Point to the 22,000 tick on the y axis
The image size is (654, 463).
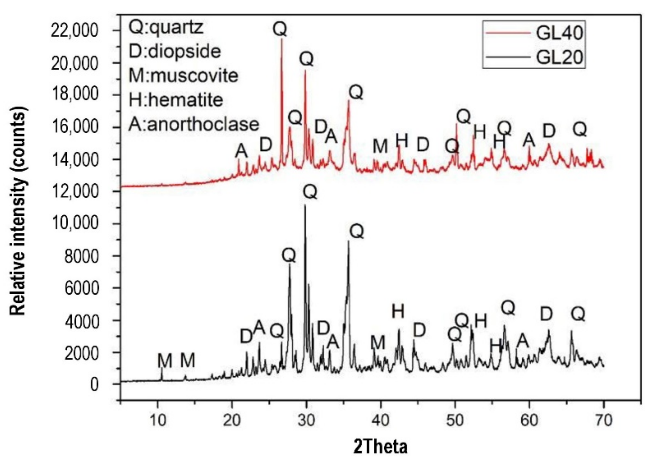click(75, 31)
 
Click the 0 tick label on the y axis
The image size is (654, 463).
click(94, 384)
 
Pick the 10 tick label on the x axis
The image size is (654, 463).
click(158, 420)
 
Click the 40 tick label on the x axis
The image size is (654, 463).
click(381, 420)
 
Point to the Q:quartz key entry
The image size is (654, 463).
click(166, 27)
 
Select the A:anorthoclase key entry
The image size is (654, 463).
click(194, 124)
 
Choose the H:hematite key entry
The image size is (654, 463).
click(176, 100)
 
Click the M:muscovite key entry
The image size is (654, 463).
click(183, 75)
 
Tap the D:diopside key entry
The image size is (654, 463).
click(175, 51)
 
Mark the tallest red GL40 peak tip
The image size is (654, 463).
click(282, 39)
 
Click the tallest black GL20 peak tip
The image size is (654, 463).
click(305, 205)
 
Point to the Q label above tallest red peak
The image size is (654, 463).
click(280, 29)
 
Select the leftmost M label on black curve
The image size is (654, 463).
click(165, 360)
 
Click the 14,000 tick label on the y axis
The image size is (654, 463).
click(75, 159)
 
